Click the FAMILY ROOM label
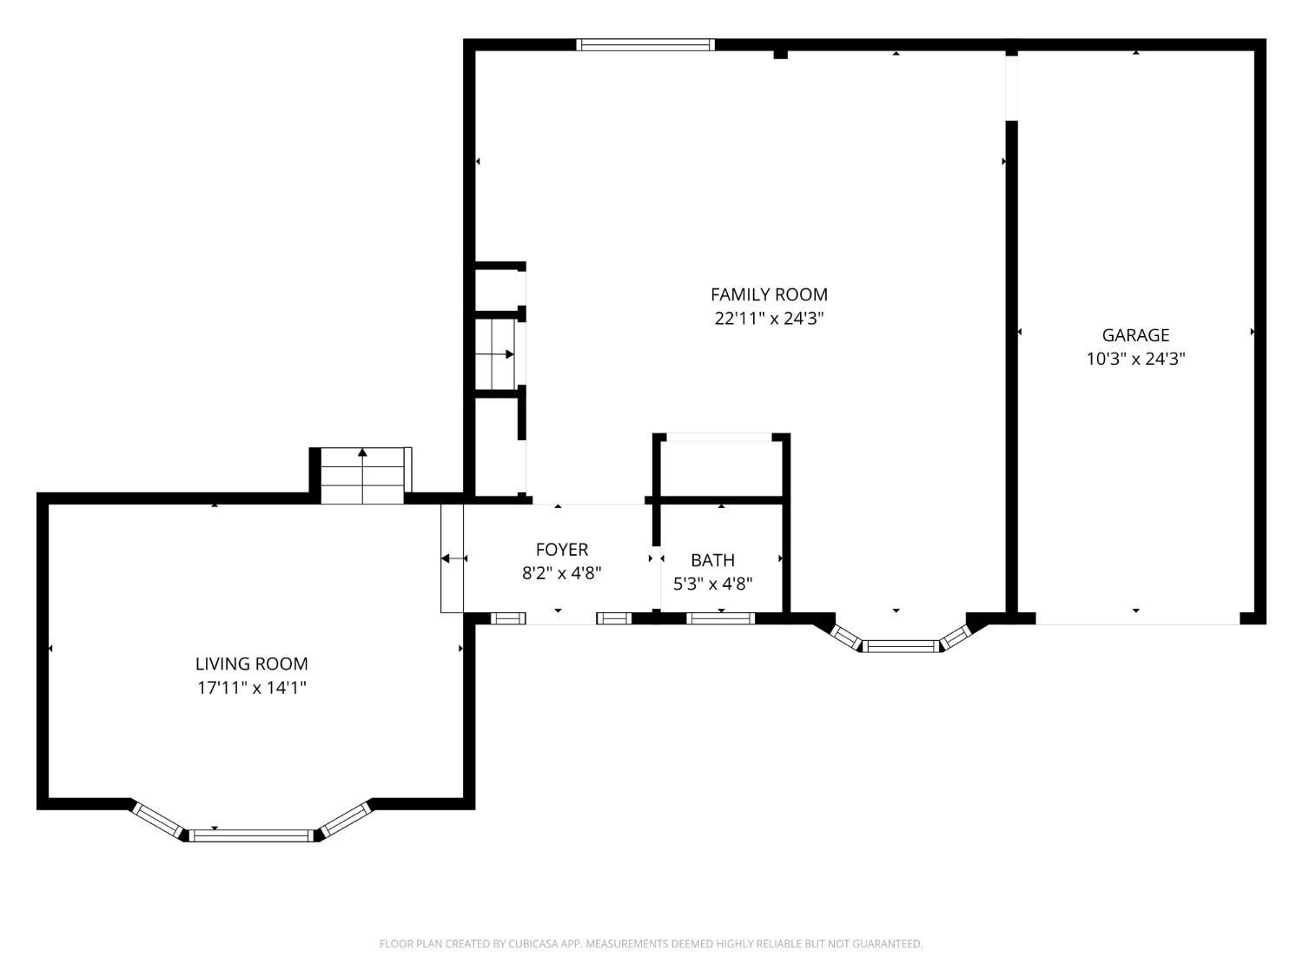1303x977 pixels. (x=769, y=294)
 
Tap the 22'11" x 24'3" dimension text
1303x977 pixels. (x=769, y=319)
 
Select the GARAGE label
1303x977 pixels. (x=1135, y=335)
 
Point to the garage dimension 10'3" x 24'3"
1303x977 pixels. (x=1135, y=360)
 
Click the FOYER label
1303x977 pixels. (x=561, y=550)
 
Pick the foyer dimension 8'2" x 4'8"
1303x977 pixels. (x=561, y=574)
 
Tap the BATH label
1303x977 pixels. (x=712, y=560)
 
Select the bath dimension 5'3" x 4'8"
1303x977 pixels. (x=712, y=584)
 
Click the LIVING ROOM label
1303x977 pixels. (x=252, y=663)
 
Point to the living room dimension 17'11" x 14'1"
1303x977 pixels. (x=252, y=688)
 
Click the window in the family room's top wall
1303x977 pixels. (x=645, y=45)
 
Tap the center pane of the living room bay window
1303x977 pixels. (x=251, y=835)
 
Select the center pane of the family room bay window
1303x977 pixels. (x=901, y=646)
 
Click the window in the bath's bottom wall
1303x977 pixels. (x=721, y=618)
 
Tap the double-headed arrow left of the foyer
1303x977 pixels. (x=454, y=558)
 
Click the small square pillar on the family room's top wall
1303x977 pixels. (x=780, y=55)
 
